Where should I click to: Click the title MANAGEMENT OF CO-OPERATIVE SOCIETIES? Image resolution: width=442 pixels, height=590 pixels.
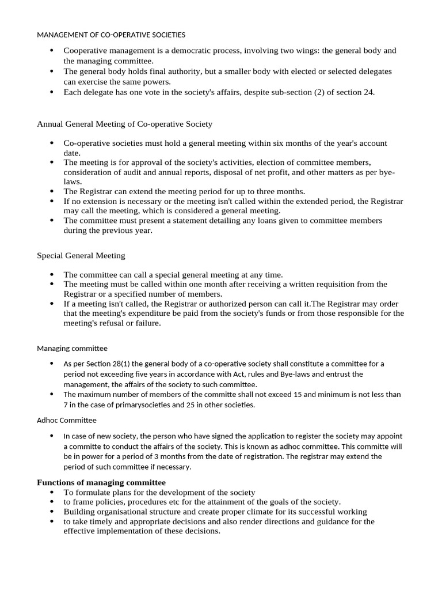pos(111,35)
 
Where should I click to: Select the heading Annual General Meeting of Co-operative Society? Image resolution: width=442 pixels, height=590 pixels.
pos(124,124)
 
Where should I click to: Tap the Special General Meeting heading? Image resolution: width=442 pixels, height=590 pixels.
pos(81,255)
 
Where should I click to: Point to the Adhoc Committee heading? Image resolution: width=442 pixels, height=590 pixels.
pos(67,420)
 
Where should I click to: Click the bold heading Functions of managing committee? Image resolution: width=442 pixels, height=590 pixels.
pos(101,482)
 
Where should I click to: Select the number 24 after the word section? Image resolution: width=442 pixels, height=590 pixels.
pos(368,92)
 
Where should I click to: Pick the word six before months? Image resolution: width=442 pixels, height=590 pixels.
pos(295,143)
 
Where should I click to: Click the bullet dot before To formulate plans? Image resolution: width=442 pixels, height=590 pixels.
pos(52,493)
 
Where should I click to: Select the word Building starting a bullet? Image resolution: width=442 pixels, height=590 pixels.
pos(78,512)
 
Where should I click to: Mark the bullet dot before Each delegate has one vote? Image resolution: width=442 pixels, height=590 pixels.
pos(52,92)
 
